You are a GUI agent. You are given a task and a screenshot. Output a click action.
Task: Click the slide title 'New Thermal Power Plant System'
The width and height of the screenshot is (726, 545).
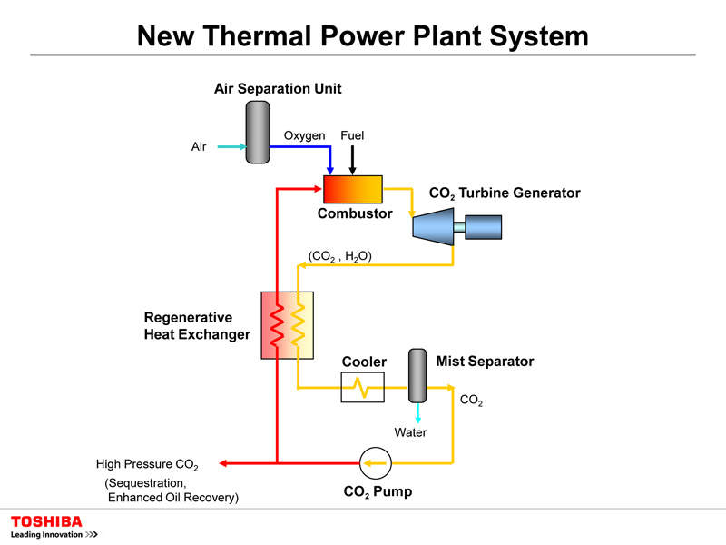(x=362, y=35)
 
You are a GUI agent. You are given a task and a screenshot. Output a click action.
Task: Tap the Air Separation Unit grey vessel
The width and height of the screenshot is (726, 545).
(x=258, y=132)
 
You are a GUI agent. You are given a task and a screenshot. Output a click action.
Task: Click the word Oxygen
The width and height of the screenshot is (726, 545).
(x=304, y=135)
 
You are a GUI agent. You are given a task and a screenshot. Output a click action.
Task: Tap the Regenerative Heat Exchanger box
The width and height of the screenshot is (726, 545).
(x=287, y=325)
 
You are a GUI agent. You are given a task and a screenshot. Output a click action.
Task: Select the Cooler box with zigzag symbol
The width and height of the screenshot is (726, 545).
(x=362, y=388)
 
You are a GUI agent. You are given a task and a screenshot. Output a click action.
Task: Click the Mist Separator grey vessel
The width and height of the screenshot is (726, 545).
(x=417, y=375)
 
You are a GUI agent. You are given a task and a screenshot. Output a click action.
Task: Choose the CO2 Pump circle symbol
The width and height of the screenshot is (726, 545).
(x=372, y=464)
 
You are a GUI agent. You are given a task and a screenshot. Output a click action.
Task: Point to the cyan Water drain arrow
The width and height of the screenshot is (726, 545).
(x=417, y=412)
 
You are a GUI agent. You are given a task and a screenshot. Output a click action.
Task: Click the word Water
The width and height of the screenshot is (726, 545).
(x=410, y=432)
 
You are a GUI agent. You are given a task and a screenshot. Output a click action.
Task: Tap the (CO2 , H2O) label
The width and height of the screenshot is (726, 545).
(x=340, y=257)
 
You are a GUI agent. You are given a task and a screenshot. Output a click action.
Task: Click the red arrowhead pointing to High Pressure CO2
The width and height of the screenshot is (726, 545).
(x=224, y=464)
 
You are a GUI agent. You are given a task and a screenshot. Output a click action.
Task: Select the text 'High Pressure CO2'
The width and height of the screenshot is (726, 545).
(x=147, y=465)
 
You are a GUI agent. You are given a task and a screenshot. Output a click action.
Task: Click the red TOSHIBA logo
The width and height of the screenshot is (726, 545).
(x=46, y=521)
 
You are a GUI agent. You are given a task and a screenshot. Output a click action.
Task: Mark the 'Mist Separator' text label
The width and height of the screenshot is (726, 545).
(x=485, y=362)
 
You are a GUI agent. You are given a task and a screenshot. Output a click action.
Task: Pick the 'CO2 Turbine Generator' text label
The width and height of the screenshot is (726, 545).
(x=504, y=193)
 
